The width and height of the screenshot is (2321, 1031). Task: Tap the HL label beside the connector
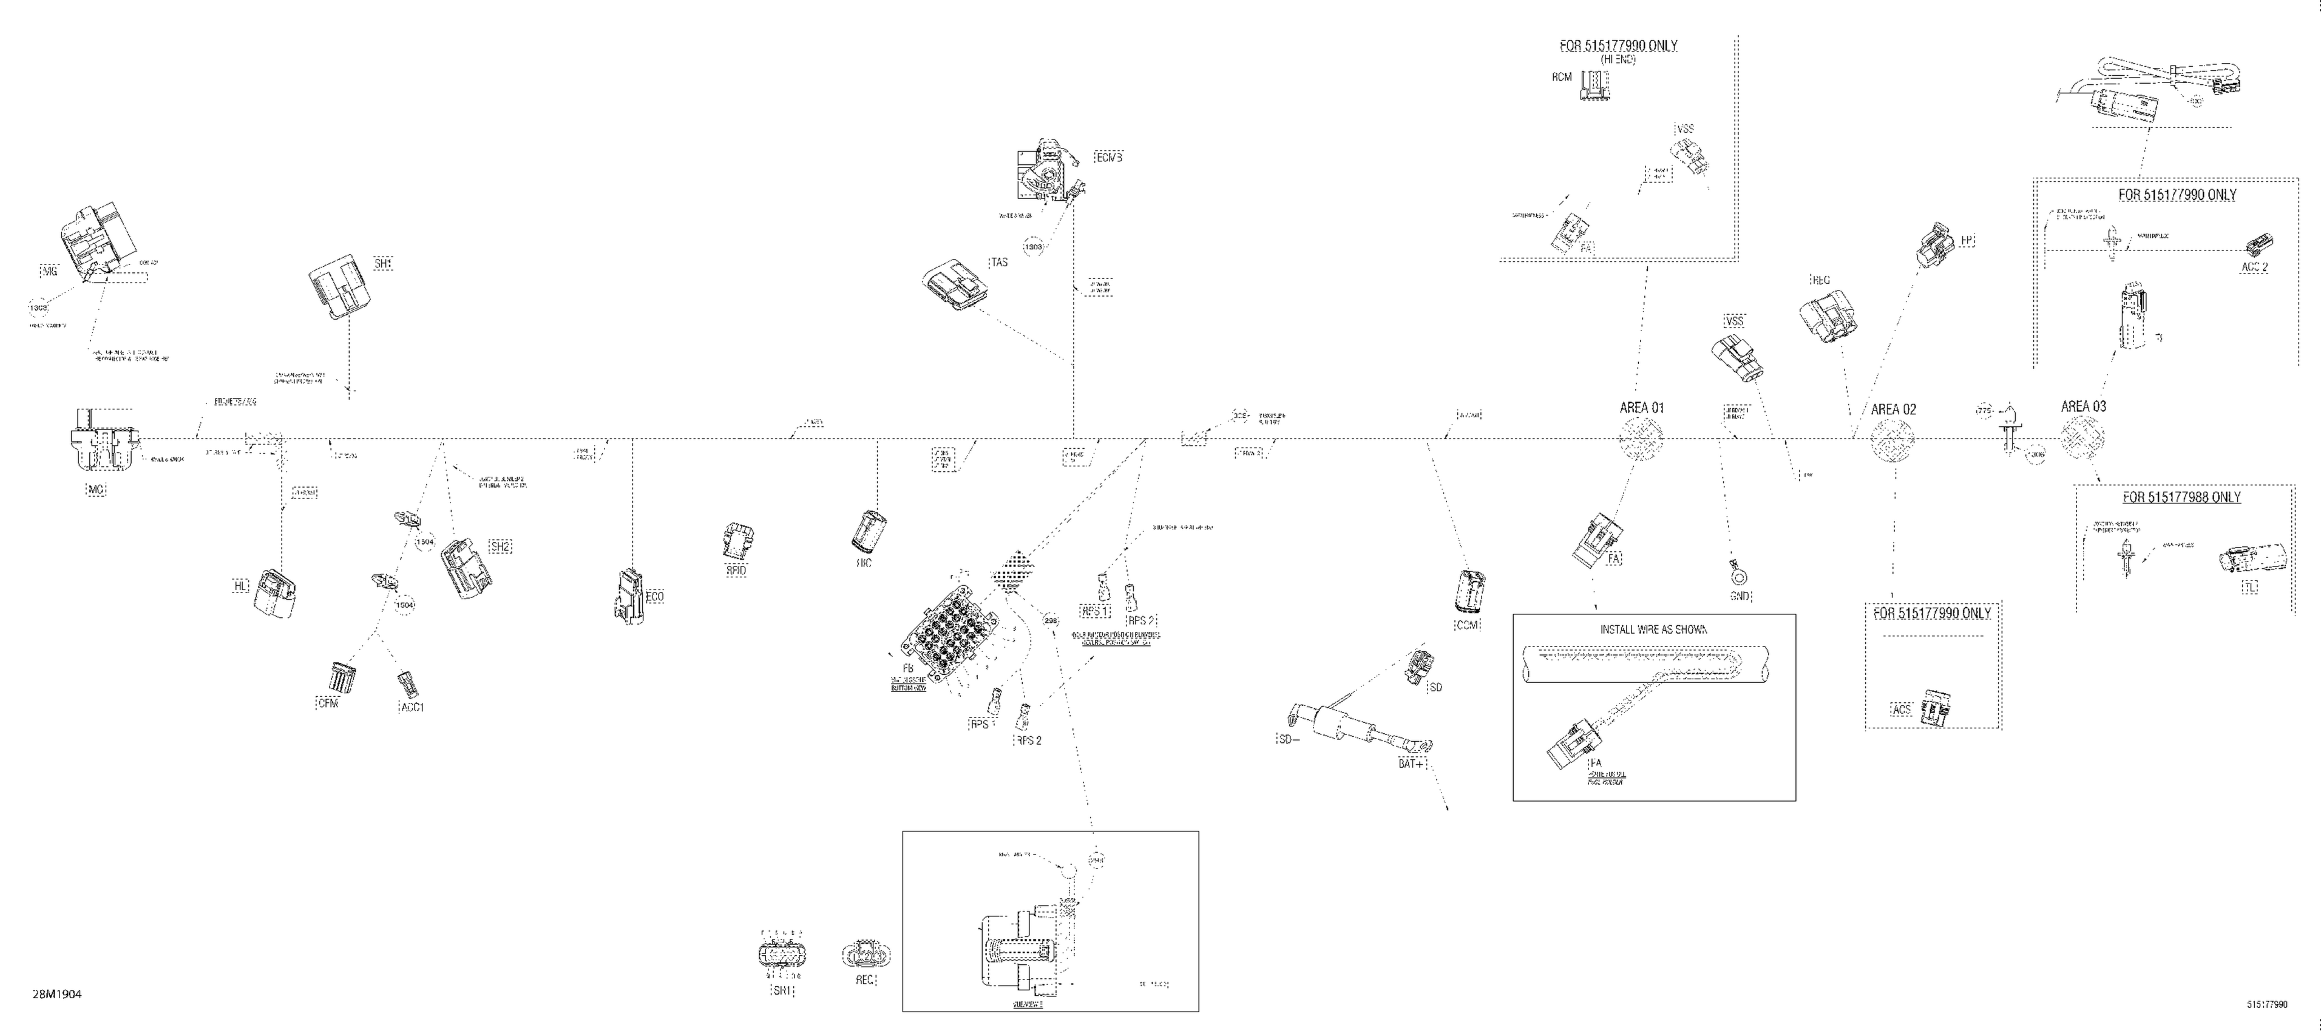pos(240,586)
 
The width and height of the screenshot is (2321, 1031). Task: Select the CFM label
pos(328,704)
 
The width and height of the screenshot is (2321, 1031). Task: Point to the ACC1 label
pos(412,707)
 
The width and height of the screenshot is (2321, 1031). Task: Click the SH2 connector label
pos(500,546)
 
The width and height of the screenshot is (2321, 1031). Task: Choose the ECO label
pos(655,596)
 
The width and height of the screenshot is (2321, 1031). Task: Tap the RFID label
pos(736,570)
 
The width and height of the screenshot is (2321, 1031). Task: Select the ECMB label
pos(1109,158)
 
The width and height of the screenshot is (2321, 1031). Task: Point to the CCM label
pos(1468,625)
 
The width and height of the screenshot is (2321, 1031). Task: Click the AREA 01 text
pos(1642,408)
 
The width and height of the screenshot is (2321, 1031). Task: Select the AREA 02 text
pos(1894,410)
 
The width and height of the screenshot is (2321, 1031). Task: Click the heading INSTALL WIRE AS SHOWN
pos(1653,630)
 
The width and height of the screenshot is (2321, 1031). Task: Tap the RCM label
pos(1562,78)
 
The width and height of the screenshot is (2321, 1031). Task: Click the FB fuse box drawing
pos(946,630)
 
